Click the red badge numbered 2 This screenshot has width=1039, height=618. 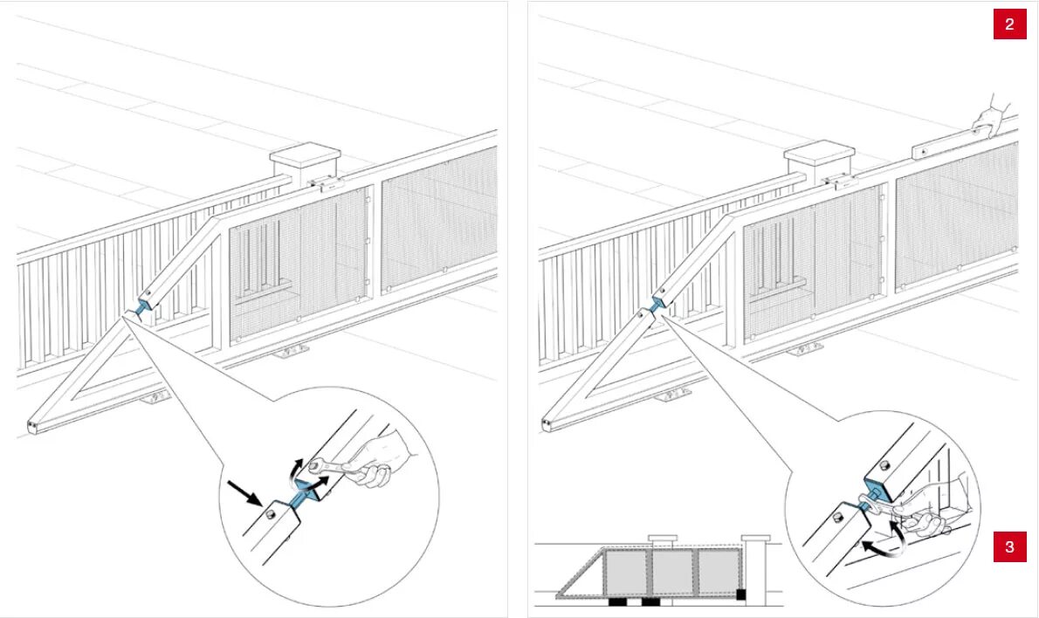[x=1009, y=24]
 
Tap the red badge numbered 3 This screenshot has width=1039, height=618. [x=1009, y=547]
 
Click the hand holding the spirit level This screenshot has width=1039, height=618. [x=992, y=115]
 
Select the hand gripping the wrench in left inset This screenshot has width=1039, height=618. [x=381, y=456]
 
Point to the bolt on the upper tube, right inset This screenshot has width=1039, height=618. [x=884, y=464]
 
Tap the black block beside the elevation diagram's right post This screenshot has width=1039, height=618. [x=740, y=594]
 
